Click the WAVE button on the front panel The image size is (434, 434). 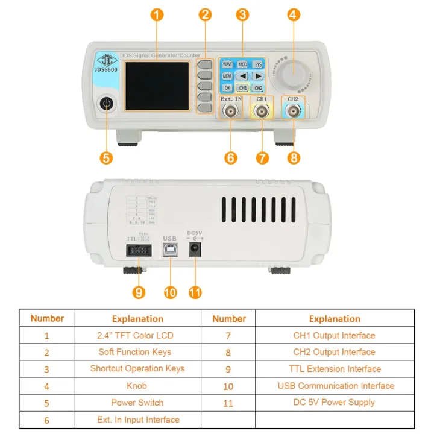(x=227, y=64)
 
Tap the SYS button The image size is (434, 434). (x=259, y=64)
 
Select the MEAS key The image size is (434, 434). (x=227, y=77)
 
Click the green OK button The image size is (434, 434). (x=227, y=88)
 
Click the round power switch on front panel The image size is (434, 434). (x=107, y=105)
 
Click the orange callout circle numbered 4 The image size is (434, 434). (x=294, y=15)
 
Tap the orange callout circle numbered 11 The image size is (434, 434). (x=195, y=292)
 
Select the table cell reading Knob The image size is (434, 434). (x=137, y=385)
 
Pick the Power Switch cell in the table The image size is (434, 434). (x=137, y=402)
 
